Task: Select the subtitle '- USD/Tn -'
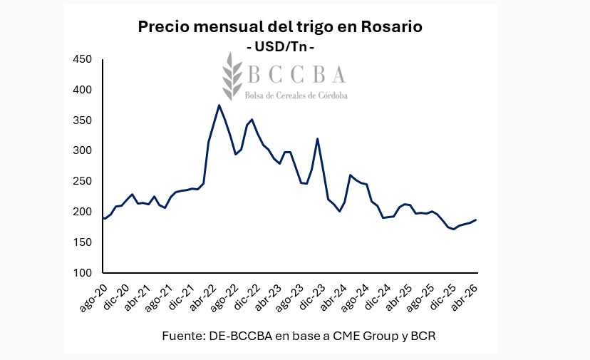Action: pos(280,46)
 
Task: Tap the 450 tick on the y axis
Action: pos(83,59)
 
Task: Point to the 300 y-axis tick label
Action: pos(83,151)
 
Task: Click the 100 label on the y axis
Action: pos(83,273)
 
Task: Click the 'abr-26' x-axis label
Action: pos(465,292)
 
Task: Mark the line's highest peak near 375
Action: pos(219,106)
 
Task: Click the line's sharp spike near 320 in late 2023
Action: pos(317,138)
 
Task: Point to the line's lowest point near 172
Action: pos(453,229)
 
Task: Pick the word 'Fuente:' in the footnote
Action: pos(182,335)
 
